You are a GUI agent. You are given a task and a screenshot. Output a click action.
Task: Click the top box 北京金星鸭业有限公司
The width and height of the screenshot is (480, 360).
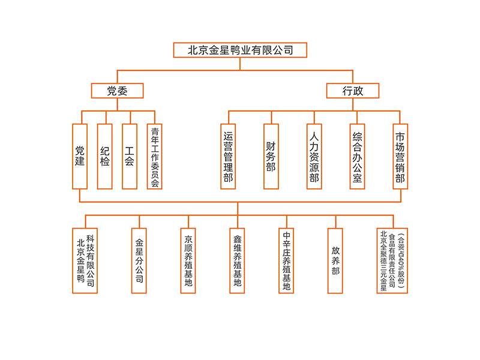click(x=240, y=50)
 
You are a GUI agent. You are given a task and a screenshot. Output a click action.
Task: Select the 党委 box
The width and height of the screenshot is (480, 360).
click(x=117, y=91)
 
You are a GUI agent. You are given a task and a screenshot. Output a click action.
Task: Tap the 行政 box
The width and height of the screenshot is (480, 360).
click(x=353, y=91)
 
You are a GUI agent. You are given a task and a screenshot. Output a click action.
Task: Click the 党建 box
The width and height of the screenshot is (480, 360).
click(x=80, y=156)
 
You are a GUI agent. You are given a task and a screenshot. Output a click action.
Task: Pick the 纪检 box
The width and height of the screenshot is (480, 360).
click(x=105, y=156)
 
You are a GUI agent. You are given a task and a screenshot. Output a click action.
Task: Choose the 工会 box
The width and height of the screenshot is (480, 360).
click(x=130, y=156)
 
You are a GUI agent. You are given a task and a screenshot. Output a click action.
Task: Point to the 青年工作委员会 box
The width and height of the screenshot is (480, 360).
click(x=155, y=156)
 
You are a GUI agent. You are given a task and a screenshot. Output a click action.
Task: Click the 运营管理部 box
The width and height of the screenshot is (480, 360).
click(x=228, y=156)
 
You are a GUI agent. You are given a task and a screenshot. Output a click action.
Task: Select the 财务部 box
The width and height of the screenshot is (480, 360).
click(x=271, y=156)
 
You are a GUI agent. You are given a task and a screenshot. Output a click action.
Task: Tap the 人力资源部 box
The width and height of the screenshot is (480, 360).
click(x=314, y=156)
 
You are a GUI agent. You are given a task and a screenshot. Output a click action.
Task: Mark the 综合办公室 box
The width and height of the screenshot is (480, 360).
click(x=357, y=156)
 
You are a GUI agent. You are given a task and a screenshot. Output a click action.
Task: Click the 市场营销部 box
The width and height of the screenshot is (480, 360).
click(x=400, y=156)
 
